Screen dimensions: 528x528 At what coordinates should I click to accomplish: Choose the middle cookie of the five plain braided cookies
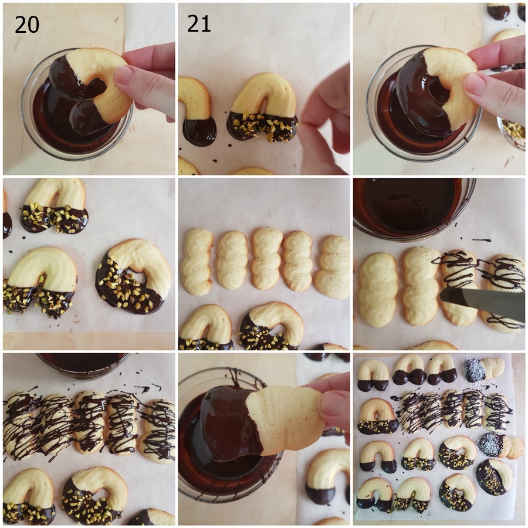(266, 258)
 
